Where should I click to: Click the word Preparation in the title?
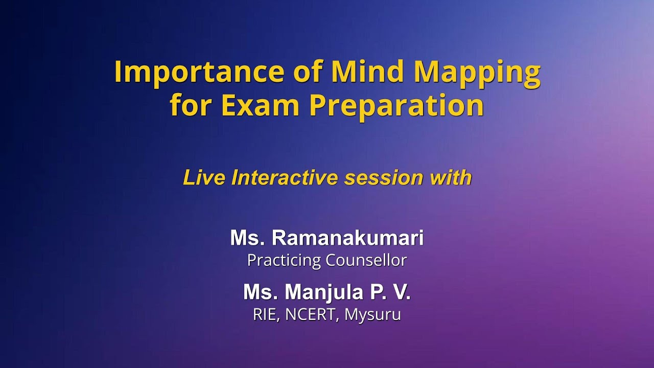point(396,105)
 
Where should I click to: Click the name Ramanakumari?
point(347,238)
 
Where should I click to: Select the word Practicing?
point(284,261)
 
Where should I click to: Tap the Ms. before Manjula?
point(261,292)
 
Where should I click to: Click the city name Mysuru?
point(372,315)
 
